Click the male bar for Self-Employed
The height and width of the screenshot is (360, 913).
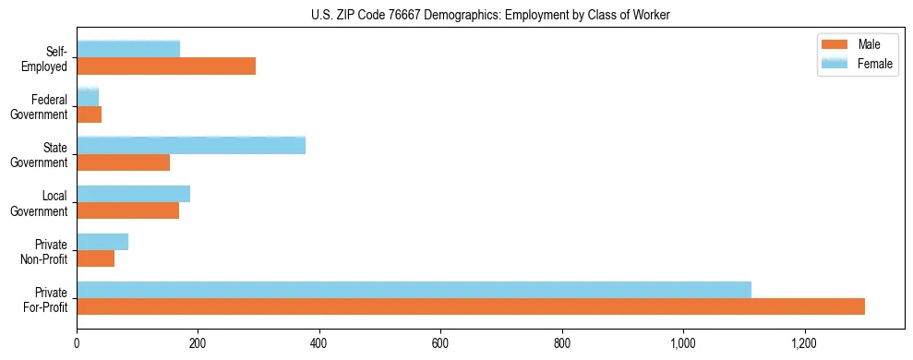coord(166,66)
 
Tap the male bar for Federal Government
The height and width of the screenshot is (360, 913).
coord(89,114)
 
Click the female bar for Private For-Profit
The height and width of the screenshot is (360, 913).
coord(414,290)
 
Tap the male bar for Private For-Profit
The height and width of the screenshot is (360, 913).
coord(471,306)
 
